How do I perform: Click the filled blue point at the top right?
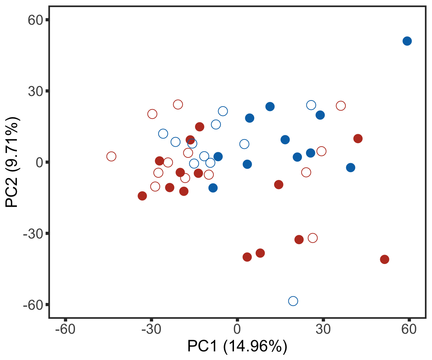407,41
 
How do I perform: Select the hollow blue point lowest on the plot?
293,301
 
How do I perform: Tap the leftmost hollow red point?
111,156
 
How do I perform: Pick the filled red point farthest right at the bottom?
384,259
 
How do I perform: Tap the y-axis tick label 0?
39,162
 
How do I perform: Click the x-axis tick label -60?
65,330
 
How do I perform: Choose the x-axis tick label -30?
151,330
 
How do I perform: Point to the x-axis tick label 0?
237,330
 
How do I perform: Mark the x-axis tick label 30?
323,330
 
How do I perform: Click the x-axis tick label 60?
409,330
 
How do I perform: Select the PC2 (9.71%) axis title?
13,162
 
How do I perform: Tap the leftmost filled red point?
142,196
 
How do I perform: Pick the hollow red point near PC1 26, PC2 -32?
312,238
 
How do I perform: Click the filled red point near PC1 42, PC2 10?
358,139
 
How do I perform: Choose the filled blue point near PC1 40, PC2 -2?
351,168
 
